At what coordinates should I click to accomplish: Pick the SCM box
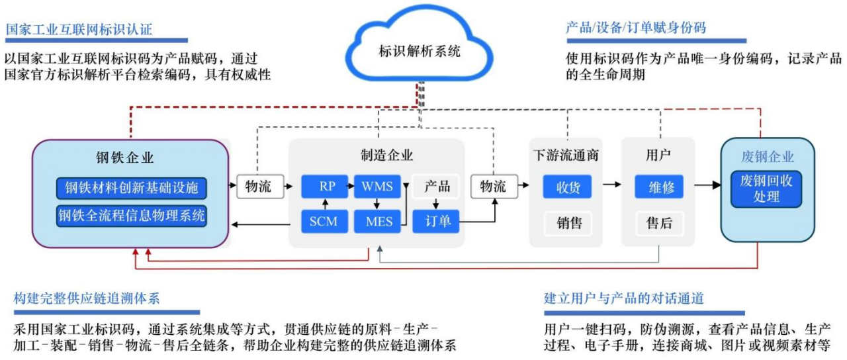coord(324,221)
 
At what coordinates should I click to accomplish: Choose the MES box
coord(379,221)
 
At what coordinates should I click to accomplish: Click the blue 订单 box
coord(435,221)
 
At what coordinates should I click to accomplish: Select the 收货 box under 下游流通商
coord(567,187)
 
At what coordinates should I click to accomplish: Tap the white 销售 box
coord(567,223)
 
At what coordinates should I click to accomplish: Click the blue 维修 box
coord(659,187)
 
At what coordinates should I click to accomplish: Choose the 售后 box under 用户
coord(659,223)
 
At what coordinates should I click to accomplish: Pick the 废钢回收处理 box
coord(766,189)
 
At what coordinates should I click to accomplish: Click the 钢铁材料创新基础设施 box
coord(132,188)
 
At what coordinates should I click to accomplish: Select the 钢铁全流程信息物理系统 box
coord(132,216)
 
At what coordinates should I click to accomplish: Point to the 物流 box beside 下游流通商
coord(493,187)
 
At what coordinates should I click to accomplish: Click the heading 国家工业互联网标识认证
coord(79,29)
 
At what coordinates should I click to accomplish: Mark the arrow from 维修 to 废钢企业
coord(705,186)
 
